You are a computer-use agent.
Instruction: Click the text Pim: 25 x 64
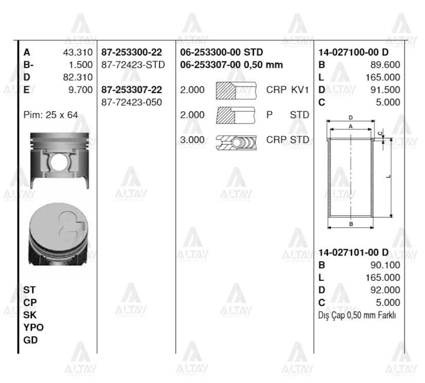(51, 115)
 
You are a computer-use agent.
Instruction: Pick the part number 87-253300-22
(131, 52)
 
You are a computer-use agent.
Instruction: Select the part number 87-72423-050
(131, 102)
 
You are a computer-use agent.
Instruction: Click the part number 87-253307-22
(131, 90)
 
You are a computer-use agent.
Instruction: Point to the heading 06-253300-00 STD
(221, 52)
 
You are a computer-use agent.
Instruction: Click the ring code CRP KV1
(287, 90)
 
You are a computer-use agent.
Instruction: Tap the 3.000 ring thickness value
(192, 140)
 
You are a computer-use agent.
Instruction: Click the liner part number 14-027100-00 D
(353, 52)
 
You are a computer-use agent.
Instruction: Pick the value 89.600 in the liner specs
(385, 65)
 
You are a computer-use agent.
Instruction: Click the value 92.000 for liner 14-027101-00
(385, 290)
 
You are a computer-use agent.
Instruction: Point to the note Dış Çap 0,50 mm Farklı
(357, 315)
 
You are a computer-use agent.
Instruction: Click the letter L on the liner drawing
(388, 177)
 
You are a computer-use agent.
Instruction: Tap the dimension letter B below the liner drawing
(350, 224)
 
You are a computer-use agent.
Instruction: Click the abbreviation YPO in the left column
(33, 327)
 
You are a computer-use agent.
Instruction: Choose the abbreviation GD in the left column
(30, 340)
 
